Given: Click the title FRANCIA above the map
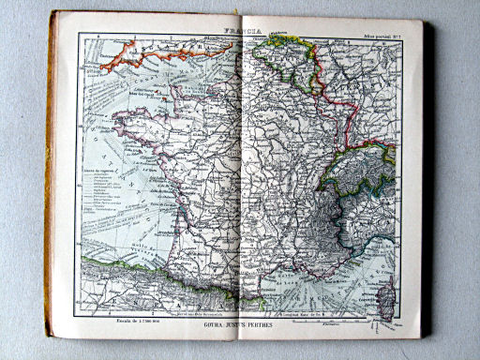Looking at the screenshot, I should point(237,29).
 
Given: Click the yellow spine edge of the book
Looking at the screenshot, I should point(50,178).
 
